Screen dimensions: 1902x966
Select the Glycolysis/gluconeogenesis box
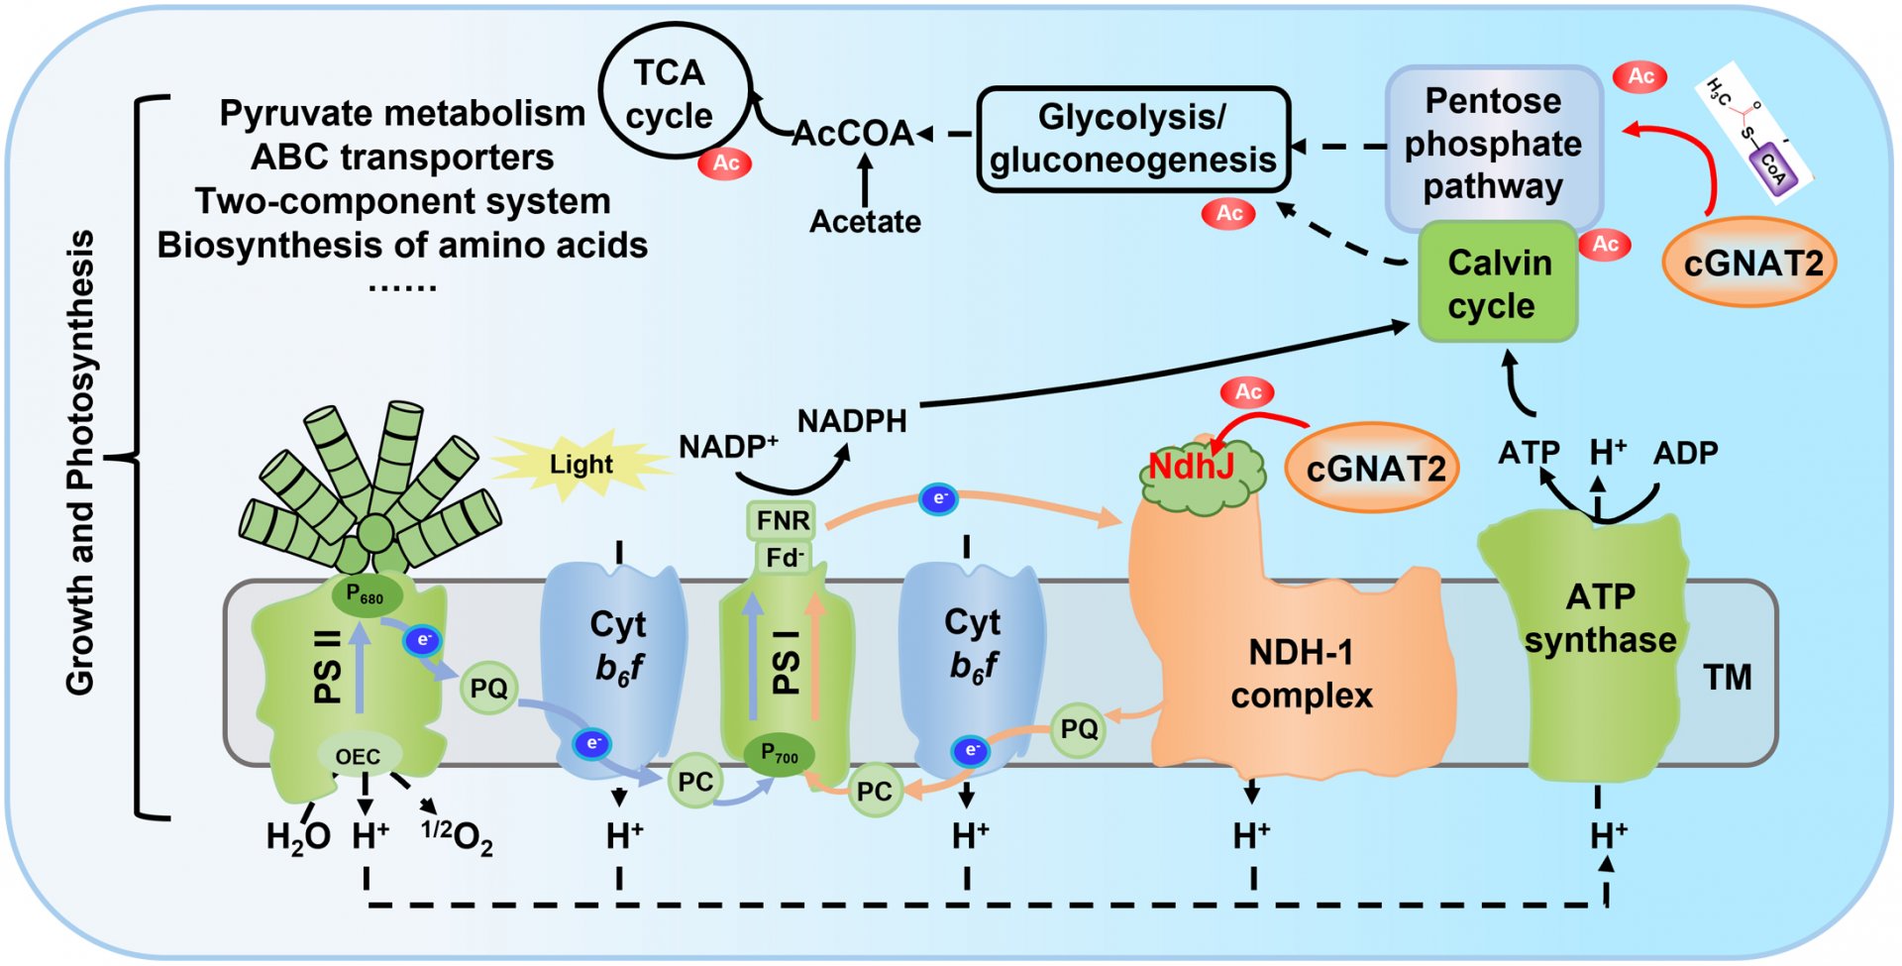click(1133, 139)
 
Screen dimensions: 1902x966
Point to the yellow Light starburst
click(581, 464)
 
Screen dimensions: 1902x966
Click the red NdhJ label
click(1191, 466)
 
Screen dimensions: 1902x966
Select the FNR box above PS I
click(783, 520)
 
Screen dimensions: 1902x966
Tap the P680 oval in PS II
click(366, 595)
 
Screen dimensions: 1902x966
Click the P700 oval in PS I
click(780, 755)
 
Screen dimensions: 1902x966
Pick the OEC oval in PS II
click(359, 757)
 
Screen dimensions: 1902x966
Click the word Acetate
click(865, 221)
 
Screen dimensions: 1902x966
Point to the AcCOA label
click(853, 133)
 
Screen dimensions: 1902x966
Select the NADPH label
click(852, 421)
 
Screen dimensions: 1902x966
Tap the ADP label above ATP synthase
click(1686, 453)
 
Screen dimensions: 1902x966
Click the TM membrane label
click(1728, 678)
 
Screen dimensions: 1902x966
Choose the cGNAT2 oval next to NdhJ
click(1375, 468)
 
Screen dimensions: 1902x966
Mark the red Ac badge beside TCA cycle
click(725, 162)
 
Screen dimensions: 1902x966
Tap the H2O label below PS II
click(297, 837)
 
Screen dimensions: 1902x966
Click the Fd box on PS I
click(784, 558)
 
